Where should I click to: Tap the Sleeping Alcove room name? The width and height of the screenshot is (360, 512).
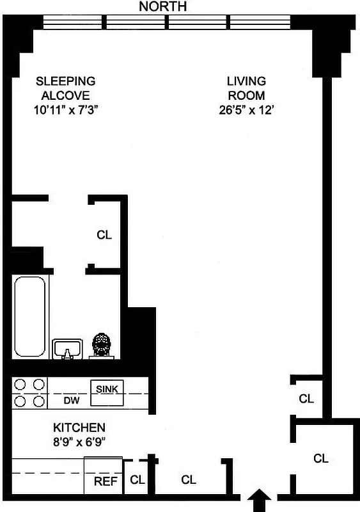[x=65, y=88]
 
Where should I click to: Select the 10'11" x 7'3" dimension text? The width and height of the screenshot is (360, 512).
[x=65, y=109]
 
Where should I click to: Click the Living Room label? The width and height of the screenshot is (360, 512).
[x=246, y=88]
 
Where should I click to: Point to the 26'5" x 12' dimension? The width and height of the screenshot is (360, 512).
[x=246, y=109]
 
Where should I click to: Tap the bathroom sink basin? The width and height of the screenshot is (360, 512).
[x=67, y=349]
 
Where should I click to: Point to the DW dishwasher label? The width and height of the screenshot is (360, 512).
[x=70, y=401]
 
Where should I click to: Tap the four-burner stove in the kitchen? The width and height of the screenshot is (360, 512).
[x=30, y=393]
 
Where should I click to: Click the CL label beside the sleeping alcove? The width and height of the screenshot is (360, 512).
[x=104, y=235]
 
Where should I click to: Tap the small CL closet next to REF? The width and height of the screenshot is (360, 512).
[x=137, y=479]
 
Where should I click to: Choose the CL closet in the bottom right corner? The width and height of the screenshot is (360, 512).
[x=321, y=458]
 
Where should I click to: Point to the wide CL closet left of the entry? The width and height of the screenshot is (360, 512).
[x=189, y=479]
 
